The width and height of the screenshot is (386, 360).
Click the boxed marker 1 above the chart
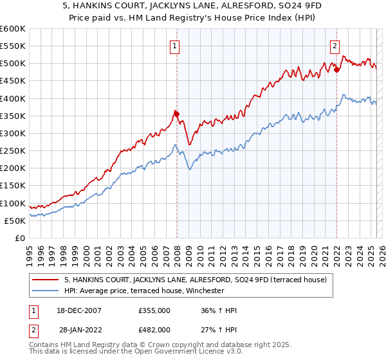(x=175, y=45)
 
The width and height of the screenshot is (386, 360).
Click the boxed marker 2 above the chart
(x=335, y=45)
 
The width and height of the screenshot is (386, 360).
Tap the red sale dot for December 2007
(x=176, y=114)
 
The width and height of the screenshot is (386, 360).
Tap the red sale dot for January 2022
(x=336, y=69)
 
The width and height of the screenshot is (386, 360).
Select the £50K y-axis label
(x=15, y=221)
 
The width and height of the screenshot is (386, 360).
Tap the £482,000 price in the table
(x=154, y=330)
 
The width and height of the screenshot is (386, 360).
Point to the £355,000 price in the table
(x=154, y=310)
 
